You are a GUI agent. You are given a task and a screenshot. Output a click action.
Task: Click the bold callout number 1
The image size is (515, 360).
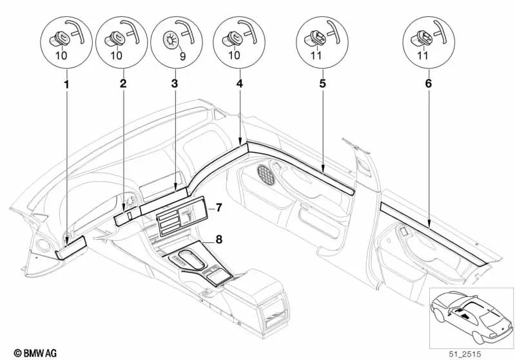[x=66, y=84]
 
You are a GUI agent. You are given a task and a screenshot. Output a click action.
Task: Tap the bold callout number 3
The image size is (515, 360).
[x=175, y=84]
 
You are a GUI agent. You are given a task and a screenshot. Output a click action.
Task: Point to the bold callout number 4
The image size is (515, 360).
[x=239, y=84]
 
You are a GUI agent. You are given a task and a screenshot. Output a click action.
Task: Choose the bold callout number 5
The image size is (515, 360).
[x=320, y=84]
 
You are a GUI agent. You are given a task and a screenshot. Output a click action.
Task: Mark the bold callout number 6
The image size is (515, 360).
[x=428, y=84]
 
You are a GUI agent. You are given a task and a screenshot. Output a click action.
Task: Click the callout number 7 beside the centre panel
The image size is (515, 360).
[x=219, y=207]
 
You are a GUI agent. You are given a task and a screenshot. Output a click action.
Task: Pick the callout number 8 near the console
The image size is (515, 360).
[x=219, y=240]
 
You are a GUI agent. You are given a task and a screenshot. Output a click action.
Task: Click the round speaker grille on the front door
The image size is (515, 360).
[x=265, y=173]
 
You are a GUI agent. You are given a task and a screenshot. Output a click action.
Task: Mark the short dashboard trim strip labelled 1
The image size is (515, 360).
[x=71, y=246]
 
